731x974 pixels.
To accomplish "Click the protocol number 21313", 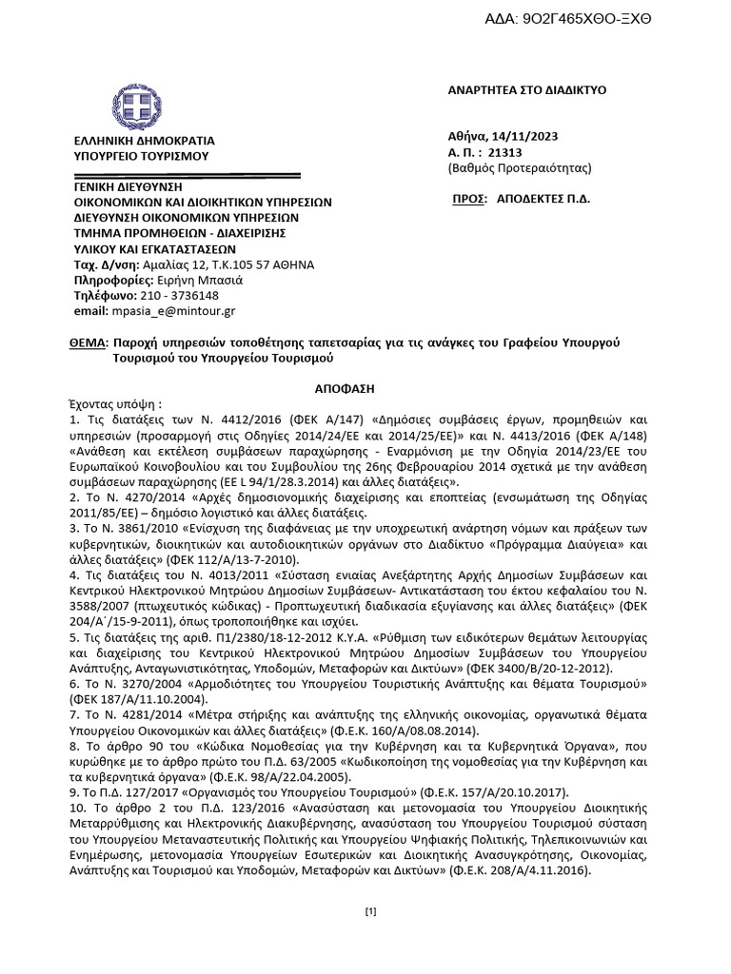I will click(504, 151).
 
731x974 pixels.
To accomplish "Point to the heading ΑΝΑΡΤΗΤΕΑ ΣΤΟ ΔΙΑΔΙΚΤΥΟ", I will click(526, 90).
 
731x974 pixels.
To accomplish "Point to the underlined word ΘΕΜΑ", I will click(88, 341).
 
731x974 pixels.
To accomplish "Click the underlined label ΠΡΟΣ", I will click(467, 201).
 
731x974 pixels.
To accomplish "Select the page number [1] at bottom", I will click(371, 912).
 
